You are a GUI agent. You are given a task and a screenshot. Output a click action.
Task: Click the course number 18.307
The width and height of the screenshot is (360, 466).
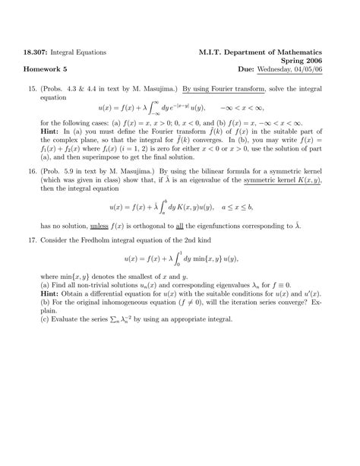click(39, 52)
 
